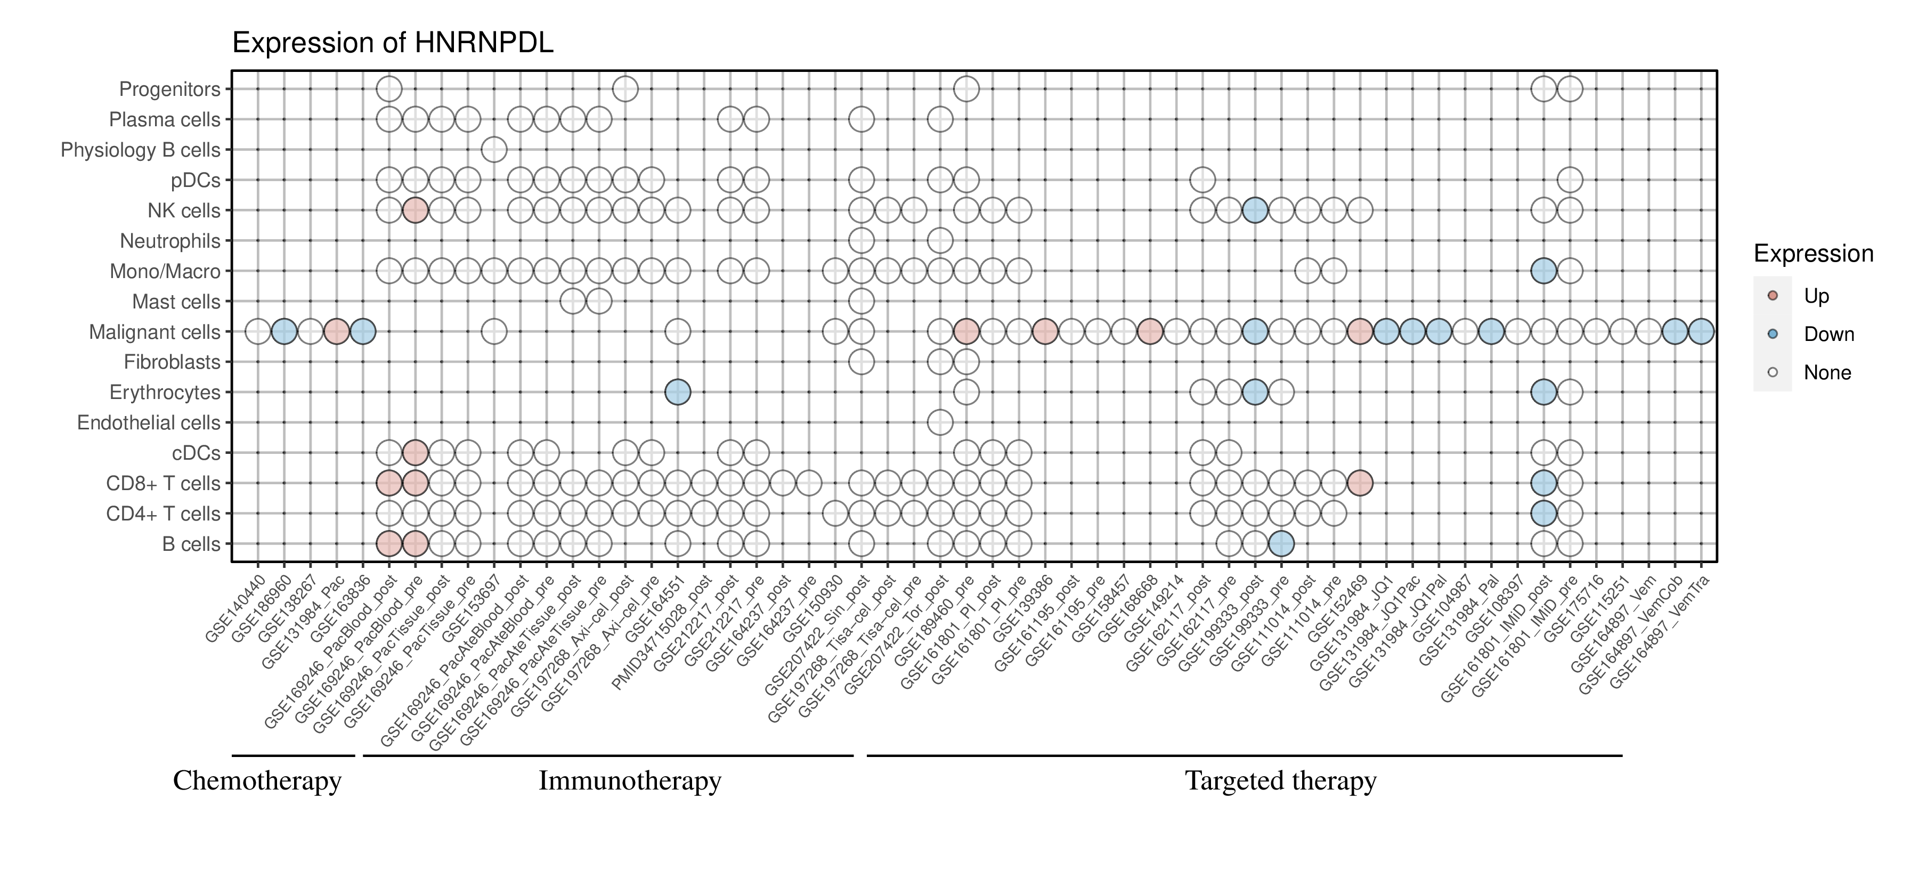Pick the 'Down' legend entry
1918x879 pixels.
[1828, 334]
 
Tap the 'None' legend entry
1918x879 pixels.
[1826, 373]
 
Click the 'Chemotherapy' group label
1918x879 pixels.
[257, 781]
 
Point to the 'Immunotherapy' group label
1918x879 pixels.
[630, 781]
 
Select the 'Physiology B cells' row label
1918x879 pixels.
[140, 150]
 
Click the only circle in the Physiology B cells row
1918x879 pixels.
[494, 150]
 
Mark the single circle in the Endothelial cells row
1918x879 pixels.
[940, 423]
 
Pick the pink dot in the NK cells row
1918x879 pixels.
[415, 210]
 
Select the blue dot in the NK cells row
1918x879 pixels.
[1255, 210]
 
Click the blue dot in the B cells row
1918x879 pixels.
[1281, 544]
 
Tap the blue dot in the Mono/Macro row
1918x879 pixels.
[1543, 271]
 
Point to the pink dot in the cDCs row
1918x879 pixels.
[415, 452]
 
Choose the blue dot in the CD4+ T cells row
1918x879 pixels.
[1543, 514]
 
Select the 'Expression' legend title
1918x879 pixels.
[1813, 254]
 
